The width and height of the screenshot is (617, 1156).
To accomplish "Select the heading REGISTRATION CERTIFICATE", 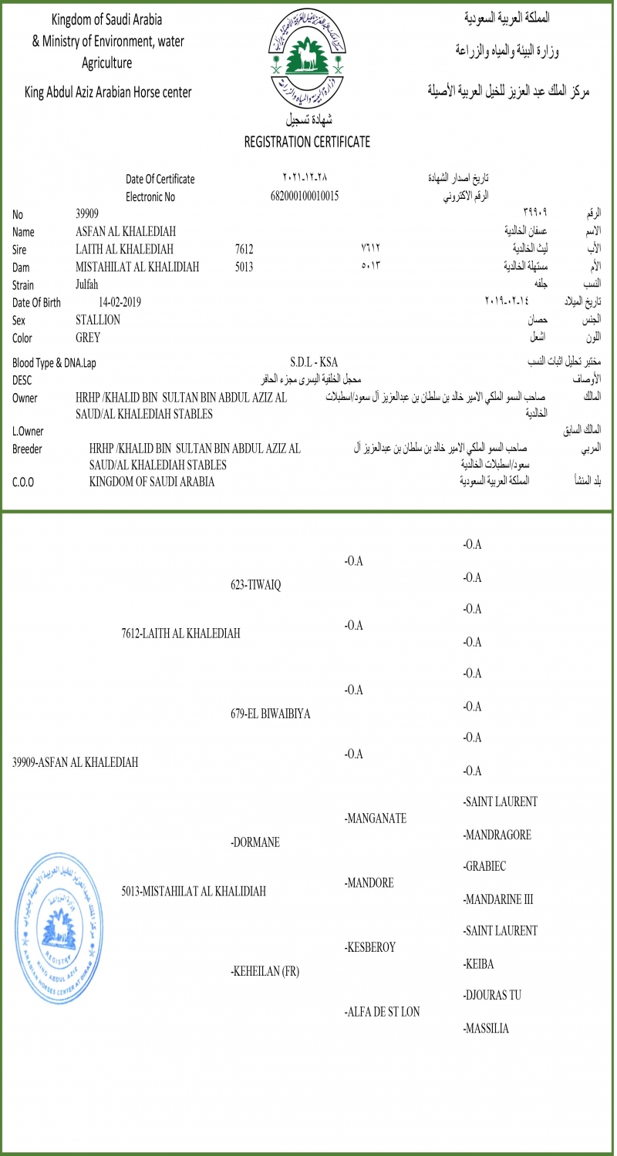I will click(x=307, y=142).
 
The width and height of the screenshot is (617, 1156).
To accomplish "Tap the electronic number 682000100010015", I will click(x=305, y=196).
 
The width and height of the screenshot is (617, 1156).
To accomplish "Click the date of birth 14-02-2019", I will click(x=120, y=302).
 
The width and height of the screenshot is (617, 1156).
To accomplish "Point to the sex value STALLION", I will click(x=98, y=320).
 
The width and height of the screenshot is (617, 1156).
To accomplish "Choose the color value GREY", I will click(x=88, y=338).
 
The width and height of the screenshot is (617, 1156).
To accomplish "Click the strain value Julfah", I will click(x=87, y=284).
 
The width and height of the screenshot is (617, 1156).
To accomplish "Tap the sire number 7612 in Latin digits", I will click(x=244, y=249).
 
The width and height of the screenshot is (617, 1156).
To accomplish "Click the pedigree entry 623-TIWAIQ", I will click(x=255, y=585).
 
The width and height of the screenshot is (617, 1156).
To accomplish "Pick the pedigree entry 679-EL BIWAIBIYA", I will click(x=270, y=714).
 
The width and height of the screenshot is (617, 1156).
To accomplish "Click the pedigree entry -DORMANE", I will click(x=255, y=842).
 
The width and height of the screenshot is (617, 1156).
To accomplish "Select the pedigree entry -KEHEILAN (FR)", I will click(x=265, y=971).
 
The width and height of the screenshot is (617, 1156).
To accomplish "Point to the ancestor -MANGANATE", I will click(x=376, y=818).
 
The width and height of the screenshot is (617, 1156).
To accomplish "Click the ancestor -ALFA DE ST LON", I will click(x=382, y=1012).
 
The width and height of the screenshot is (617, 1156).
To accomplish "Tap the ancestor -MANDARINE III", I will click(x=498, y=899).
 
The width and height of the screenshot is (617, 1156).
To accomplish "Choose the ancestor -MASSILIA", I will click(x=486, y=1028).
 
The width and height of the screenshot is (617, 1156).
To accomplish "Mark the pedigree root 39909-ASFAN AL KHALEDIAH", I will click(x=76, y=763).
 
